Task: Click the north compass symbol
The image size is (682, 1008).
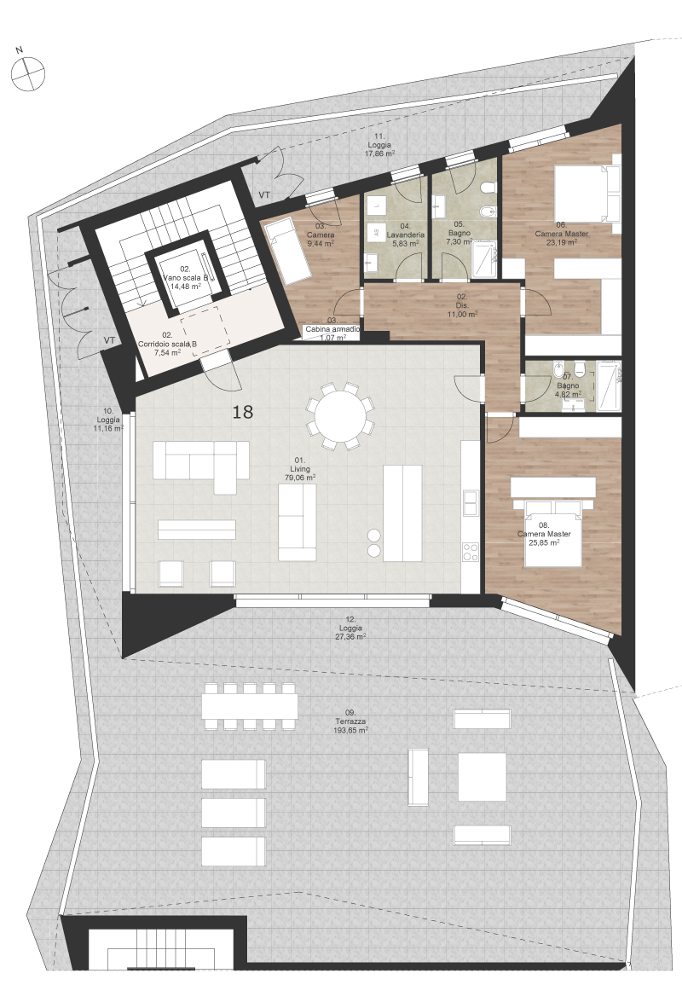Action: pyautogui.click(x=27, y=72)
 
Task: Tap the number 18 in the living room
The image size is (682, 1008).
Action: pyautogui.click(x=242, y=411)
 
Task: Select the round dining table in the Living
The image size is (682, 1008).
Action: pyautogui.click(x=341, y=415)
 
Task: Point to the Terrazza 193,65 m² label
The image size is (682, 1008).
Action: pyautogui.click(x=350, y=721)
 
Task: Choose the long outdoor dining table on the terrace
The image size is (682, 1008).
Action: pyautogui.click(x=250, y=706)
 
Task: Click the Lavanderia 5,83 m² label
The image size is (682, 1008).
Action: pyautogui.click(x=405, y=235)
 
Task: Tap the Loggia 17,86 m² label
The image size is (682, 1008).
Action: pyautogui.click(x=379, y=145)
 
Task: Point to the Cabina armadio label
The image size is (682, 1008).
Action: pyautogui.click(x=332, y=328)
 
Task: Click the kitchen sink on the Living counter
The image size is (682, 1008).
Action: pyautogui.click(x=471, y=502)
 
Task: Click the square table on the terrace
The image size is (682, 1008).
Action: pyautogui.click(x=482, y=777)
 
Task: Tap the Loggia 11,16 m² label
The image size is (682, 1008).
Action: pyautogui.click(x=108, y=419)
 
